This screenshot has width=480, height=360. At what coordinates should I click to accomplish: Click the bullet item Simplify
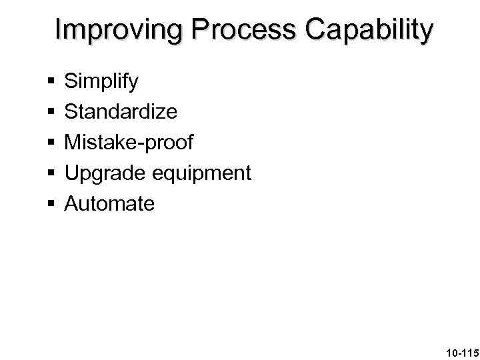coord(101,82)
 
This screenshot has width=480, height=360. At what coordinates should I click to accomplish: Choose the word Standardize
coord(121,112)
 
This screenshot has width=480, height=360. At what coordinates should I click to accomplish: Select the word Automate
coord(109,203)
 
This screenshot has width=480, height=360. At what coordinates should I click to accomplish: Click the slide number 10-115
coord(455,349)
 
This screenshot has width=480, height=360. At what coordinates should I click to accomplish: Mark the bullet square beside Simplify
coord(51,83)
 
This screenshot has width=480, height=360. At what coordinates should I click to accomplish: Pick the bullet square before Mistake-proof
coord(51,143)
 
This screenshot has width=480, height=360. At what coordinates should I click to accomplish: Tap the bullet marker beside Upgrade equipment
coord(51,173)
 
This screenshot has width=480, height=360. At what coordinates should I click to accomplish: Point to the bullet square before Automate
coord(51,203)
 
